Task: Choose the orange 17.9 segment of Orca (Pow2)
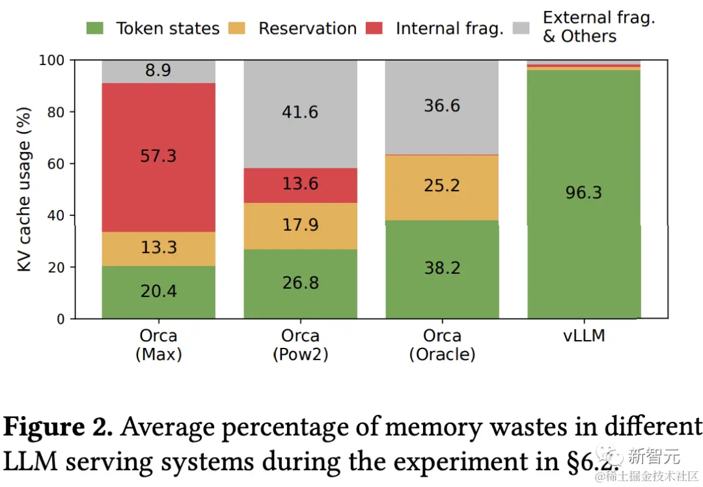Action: pos(300,226)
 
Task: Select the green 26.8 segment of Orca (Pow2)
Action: pos(300,284)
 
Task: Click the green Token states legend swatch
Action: pos(95,29)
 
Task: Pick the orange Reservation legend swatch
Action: pos(238,29)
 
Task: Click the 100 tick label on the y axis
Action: pos(53,60)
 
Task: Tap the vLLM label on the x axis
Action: pos(584,336)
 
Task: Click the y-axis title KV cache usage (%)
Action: pos(25,189)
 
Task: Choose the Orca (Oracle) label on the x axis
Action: pos(442,345)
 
